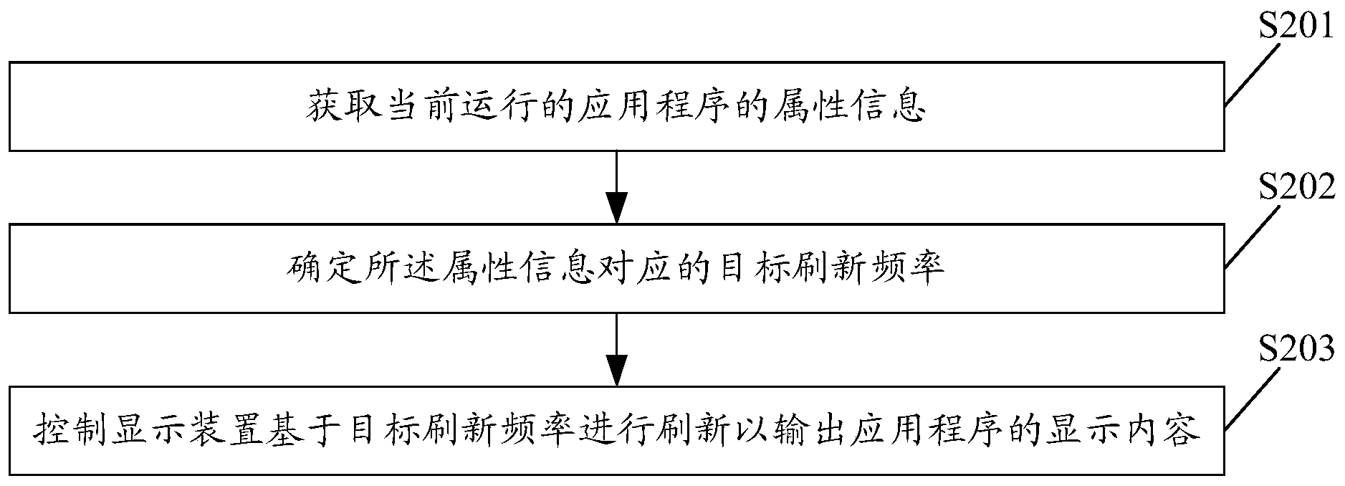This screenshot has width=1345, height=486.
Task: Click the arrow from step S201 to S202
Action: pyautogui.click(x=616, y=187)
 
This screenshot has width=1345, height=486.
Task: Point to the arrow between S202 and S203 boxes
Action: pyautogui.click(x=616, y=349)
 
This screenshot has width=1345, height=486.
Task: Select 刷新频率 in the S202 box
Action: pyautogui.click(x=863, y=269)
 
